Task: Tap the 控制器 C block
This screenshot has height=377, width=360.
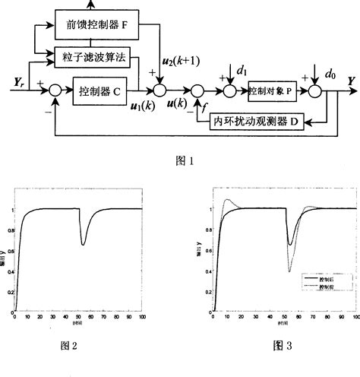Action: click(x=104, y=92)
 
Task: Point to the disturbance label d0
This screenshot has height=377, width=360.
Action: click(x=329, y=74)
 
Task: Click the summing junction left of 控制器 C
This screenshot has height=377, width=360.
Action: click(x=54, y=92)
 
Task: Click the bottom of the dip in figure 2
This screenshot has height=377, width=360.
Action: click(x=84, y=245)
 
